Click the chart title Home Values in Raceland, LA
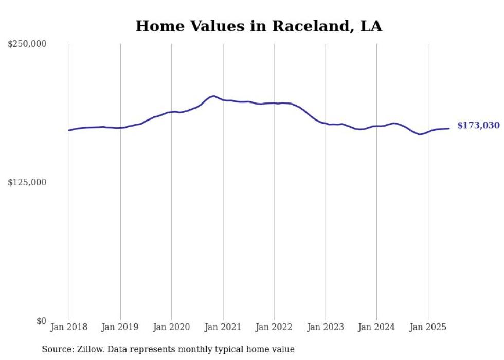click(x=259, y=26)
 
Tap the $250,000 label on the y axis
click(x=27, y=44)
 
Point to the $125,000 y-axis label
click(x=27, y=182)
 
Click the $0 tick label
click(x=41, y=321)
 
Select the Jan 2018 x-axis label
click(x=69, y=327)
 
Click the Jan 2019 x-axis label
click(x=120, y=327)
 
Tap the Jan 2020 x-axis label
click(x=172, y=327)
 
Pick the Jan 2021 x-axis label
click(x=223, y=327)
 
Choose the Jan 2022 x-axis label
click(x=274, y=327)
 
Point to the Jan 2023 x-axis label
click(x=326, y=327)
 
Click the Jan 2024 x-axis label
click(x=376, y=327)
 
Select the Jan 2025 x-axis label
click(x=428, y=327)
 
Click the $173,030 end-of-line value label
click(x=478, y=126)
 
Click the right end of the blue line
click(x=449, y=128)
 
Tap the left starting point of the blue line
click(x=69, y=130)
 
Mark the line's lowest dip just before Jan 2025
click(x=420, y=134)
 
